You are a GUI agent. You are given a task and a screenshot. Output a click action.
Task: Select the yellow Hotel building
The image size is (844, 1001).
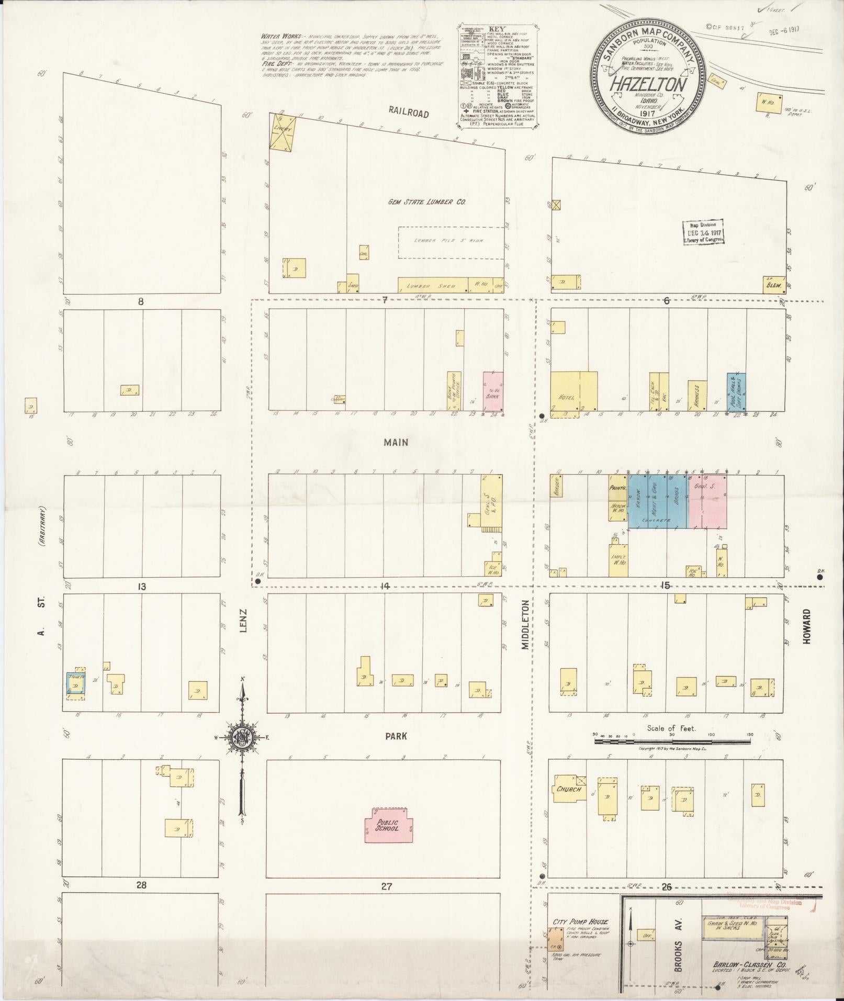pyautogui.click(x=573, y=392)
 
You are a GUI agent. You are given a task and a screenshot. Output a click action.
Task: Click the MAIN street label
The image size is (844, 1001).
pyautogui.click(x=396, y=443)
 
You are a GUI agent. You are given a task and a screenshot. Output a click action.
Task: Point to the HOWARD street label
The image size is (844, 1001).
pyautogui.click(x=806, y=626)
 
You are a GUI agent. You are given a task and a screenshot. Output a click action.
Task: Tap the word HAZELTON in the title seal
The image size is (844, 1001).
pyautogui.click(x=647, y=85)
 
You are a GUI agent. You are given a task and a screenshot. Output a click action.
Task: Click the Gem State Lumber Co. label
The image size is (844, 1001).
pyautogui.click(x=427, y=201)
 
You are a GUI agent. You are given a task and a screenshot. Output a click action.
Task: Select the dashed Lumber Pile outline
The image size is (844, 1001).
pyautogui.click(x=449, y=242)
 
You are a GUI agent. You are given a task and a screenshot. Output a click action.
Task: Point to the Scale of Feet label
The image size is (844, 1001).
pyautogui.click(x=670, y=728)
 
